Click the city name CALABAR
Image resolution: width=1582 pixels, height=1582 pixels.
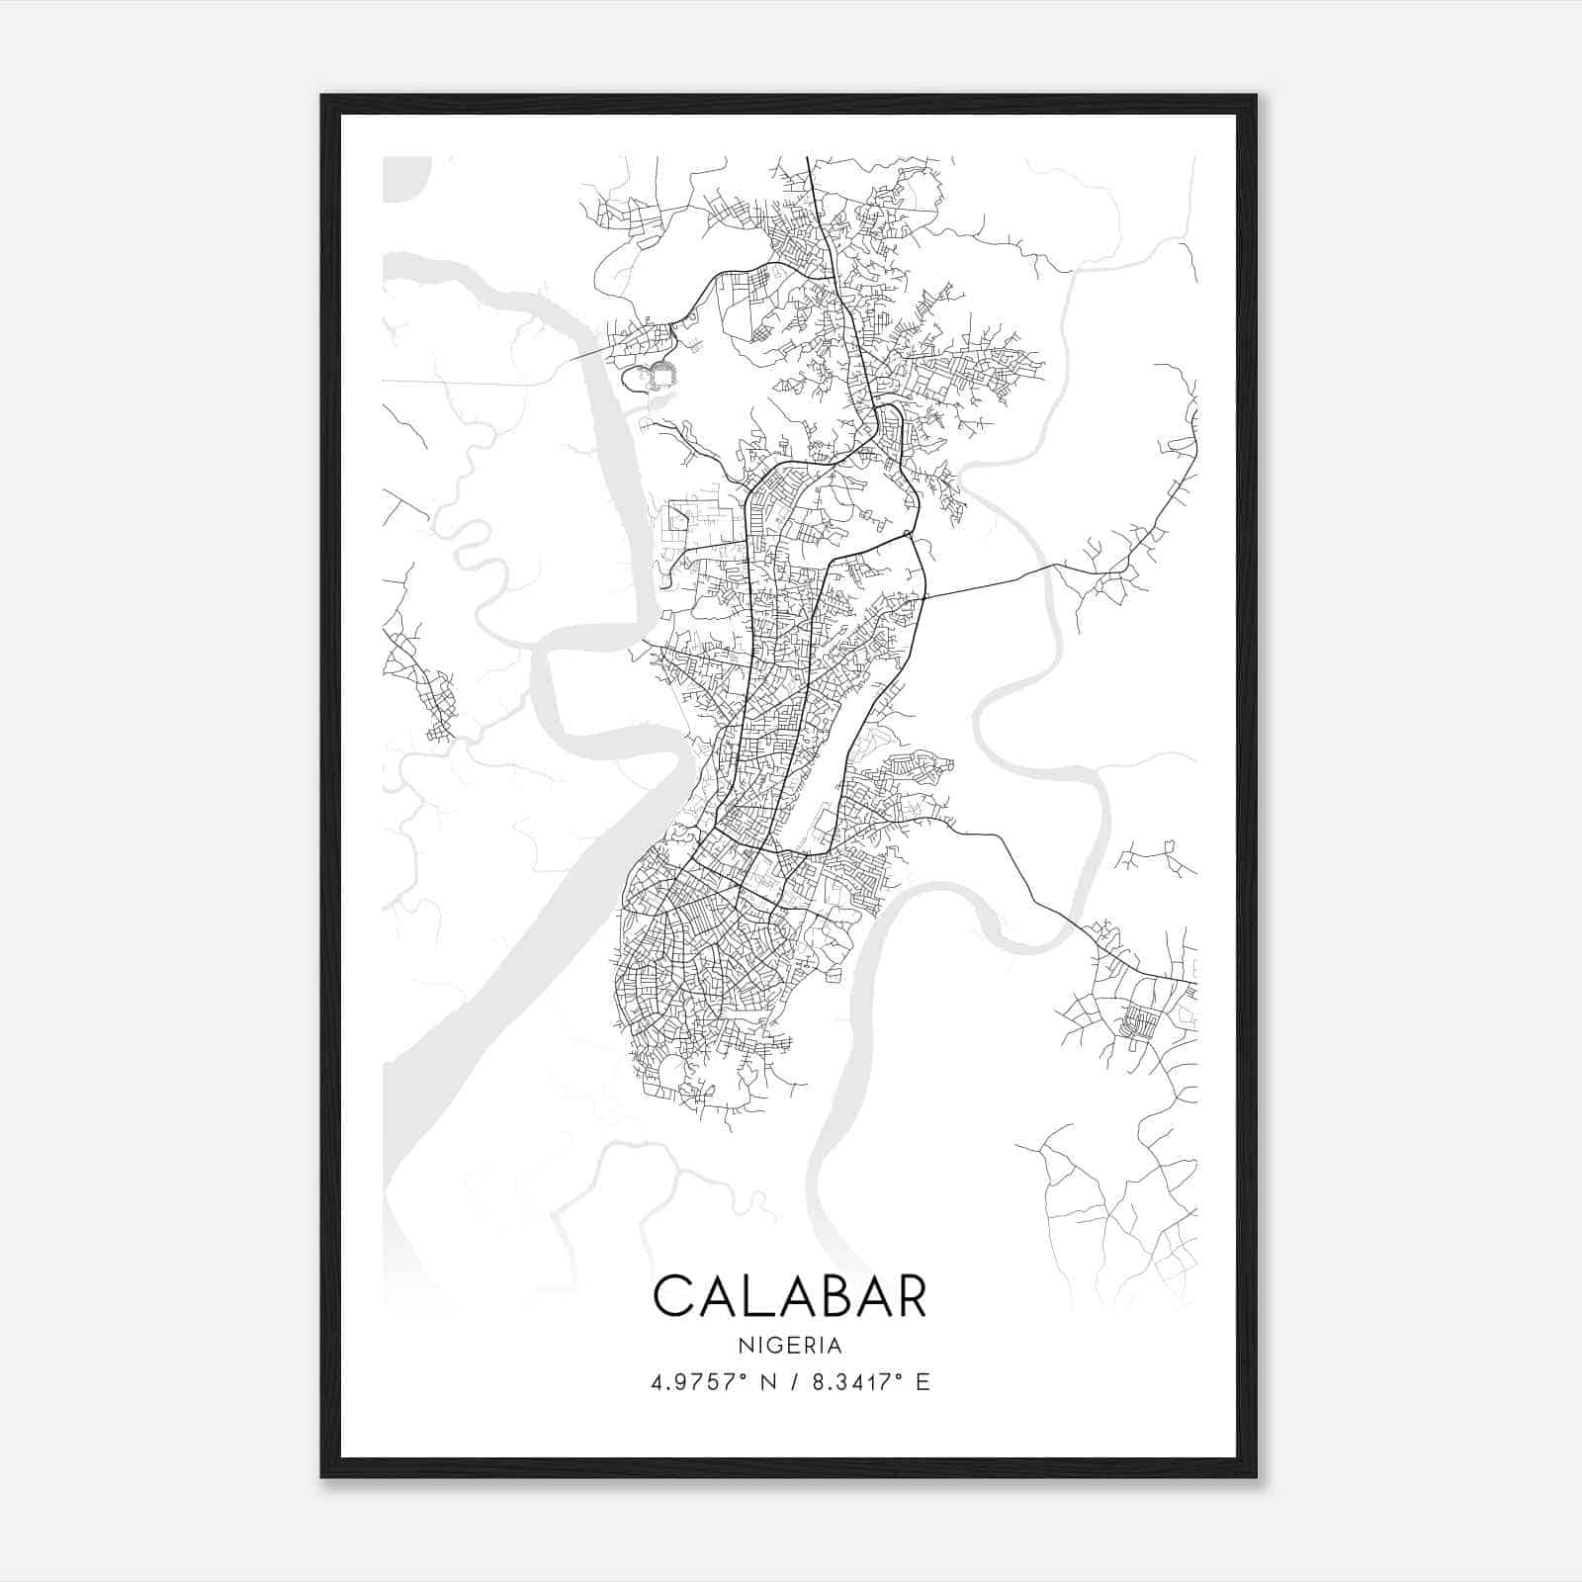790,1295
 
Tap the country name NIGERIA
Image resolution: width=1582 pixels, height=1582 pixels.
790,1346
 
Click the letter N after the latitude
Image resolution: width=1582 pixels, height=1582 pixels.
767,1382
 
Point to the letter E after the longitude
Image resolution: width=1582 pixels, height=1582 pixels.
923,1382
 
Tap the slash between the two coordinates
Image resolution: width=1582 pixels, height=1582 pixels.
792,1382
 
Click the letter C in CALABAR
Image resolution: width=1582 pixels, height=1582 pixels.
674,1295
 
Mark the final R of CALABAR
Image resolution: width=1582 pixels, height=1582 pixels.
908,1295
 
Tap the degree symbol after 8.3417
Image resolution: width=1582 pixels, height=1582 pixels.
898,1376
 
